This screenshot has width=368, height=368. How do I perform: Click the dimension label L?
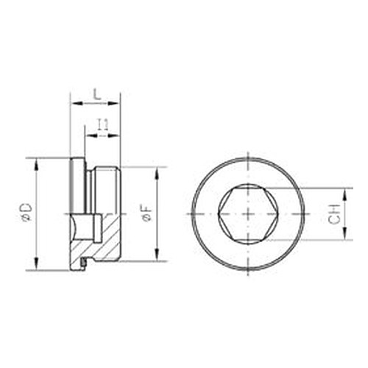pos(98,95)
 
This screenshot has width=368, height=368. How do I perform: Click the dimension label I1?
pos(103,125)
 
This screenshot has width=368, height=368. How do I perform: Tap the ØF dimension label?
pos(147,213)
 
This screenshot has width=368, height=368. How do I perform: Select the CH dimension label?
pos(335,213)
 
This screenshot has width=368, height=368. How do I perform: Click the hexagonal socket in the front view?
pos(248,213)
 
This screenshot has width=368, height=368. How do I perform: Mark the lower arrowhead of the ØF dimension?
pos(158,255)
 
